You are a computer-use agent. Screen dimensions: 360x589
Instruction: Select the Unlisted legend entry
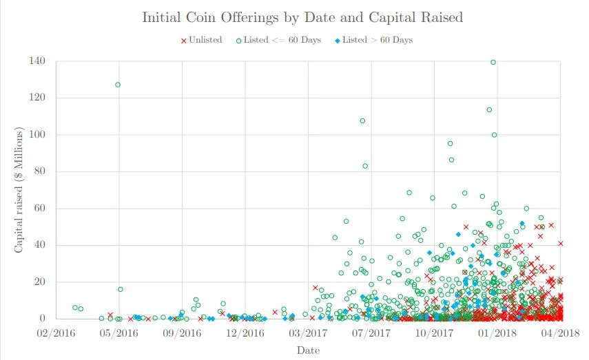coord(202,40)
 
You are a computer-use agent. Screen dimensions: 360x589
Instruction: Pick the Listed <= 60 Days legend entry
coord(279,40)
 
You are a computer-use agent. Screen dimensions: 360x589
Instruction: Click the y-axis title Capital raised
coord(20,189)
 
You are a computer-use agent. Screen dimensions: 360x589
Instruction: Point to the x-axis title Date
coord(307,350)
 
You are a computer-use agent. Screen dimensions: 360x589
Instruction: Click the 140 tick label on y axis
coord(37,61)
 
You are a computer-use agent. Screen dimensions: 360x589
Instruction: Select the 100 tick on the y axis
coord(37,135)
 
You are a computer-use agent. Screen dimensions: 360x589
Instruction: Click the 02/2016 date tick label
coord(56,332)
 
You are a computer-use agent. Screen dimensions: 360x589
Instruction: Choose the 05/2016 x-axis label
coord(118,332)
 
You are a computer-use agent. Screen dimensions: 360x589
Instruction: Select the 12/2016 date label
coord(245,332)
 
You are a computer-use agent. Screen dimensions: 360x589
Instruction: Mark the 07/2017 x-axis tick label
coord(371,332)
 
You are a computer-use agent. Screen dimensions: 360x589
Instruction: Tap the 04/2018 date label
coord(561,332)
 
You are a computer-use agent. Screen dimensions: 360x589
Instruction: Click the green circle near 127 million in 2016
coord(118,85)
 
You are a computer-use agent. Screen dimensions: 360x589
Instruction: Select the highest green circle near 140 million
coord(493,62)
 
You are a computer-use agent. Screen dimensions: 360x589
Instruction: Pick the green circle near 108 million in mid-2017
coord(362,121)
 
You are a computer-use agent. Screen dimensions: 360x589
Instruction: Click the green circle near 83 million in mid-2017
coord(365,166)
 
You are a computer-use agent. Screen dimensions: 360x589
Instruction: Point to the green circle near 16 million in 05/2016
coord(121,289)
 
